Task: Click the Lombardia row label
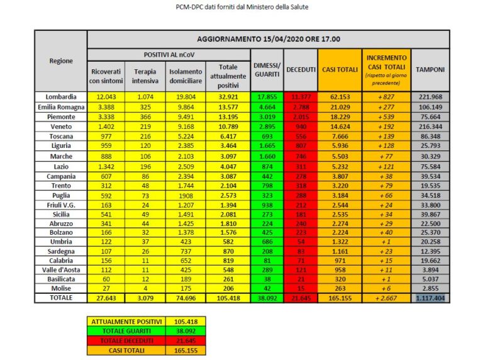pyautogui.click(x=61, y=96)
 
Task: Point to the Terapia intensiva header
pyautogui.click(x=145, y=76)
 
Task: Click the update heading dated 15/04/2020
pyautogui.click(x=269, y=39)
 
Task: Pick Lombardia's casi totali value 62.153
pyautogui.click(x=340, y=96)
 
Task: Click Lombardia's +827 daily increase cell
pyautogui.click(x=386, y=96)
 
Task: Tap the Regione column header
pyautogui.click(x=61, y=61)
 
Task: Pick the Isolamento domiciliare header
pyautogui.click(x=186, y=76)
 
